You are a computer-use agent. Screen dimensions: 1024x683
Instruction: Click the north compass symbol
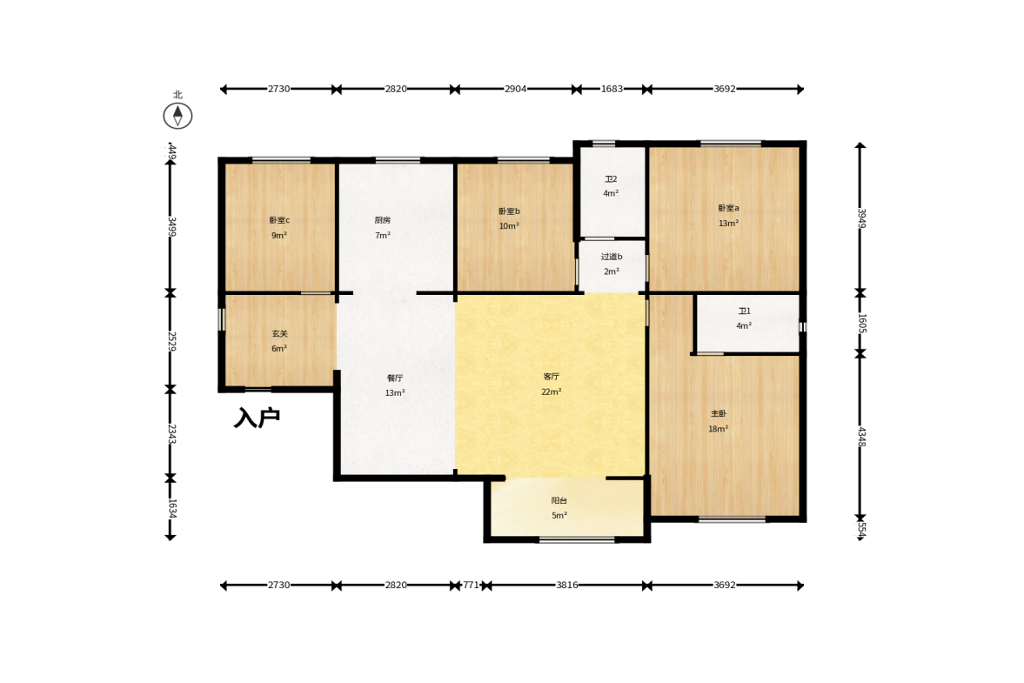tap(177, 117)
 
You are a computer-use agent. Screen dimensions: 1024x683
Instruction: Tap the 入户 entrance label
tap(258, 418)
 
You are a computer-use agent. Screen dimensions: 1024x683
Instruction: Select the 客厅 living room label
tap(552, 377)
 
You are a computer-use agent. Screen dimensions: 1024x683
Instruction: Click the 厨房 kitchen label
tap(383, 220)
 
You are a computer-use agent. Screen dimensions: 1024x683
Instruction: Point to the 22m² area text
tap(552, 392)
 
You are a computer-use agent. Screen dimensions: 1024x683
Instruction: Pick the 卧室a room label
tap(728, 208)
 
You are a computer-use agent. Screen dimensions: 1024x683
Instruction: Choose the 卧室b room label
tap(509, 211)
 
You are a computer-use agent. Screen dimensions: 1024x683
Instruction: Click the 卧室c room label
tap(279, 220)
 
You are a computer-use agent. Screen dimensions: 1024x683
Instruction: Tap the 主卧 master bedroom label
tap(719, 414)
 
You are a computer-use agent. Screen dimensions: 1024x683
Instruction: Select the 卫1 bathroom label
tap(745, 311)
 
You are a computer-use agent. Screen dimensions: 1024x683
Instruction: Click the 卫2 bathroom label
tap(611, 179)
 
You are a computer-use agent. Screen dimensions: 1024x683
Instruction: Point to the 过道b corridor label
tap(612, 257)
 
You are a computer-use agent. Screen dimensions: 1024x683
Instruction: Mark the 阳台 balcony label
tap(559, 501)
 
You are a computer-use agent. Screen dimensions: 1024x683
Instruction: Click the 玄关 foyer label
tap(279, 333)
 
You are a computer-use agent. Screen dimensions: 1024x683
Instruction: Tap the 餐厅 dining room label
tap(395, 378)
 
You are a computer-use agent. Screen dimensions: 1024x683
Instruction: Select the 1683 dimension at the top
tap(612, 89)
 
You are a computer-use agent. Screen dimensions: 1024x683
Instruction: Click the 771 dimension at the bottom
tap(471, 585)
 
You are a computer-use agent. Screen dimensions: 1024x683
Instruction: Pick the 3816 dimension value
tap(567, 585)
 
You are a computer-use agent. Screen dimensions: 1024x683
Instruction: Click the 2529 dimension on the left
tap(171, 341)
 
